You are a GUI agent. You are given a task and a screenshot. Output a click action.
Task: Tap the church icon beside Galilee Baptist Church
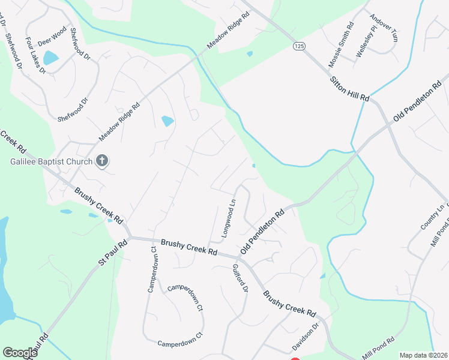[101, 161]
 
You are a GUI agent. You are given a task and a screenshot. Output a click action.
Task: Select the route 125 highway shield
[298, 46]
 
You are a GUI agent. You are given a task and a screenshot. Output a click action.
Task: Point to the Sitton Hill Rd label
[349, 88]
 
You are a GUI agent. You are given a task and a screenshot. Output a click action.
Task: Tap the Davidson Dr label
[305, 339]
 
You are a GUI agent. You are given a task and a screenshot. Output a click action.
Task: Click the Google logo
[20, 353]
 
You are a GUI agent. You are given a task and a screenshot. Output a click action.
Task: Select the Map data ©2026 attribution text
[423, 355]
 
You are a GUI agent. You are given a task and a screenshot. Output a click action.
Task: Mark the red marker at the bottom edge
[295, 359]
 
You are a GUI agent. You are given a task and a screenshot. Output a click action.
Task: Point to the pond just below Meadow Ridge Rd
[167, 121]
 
